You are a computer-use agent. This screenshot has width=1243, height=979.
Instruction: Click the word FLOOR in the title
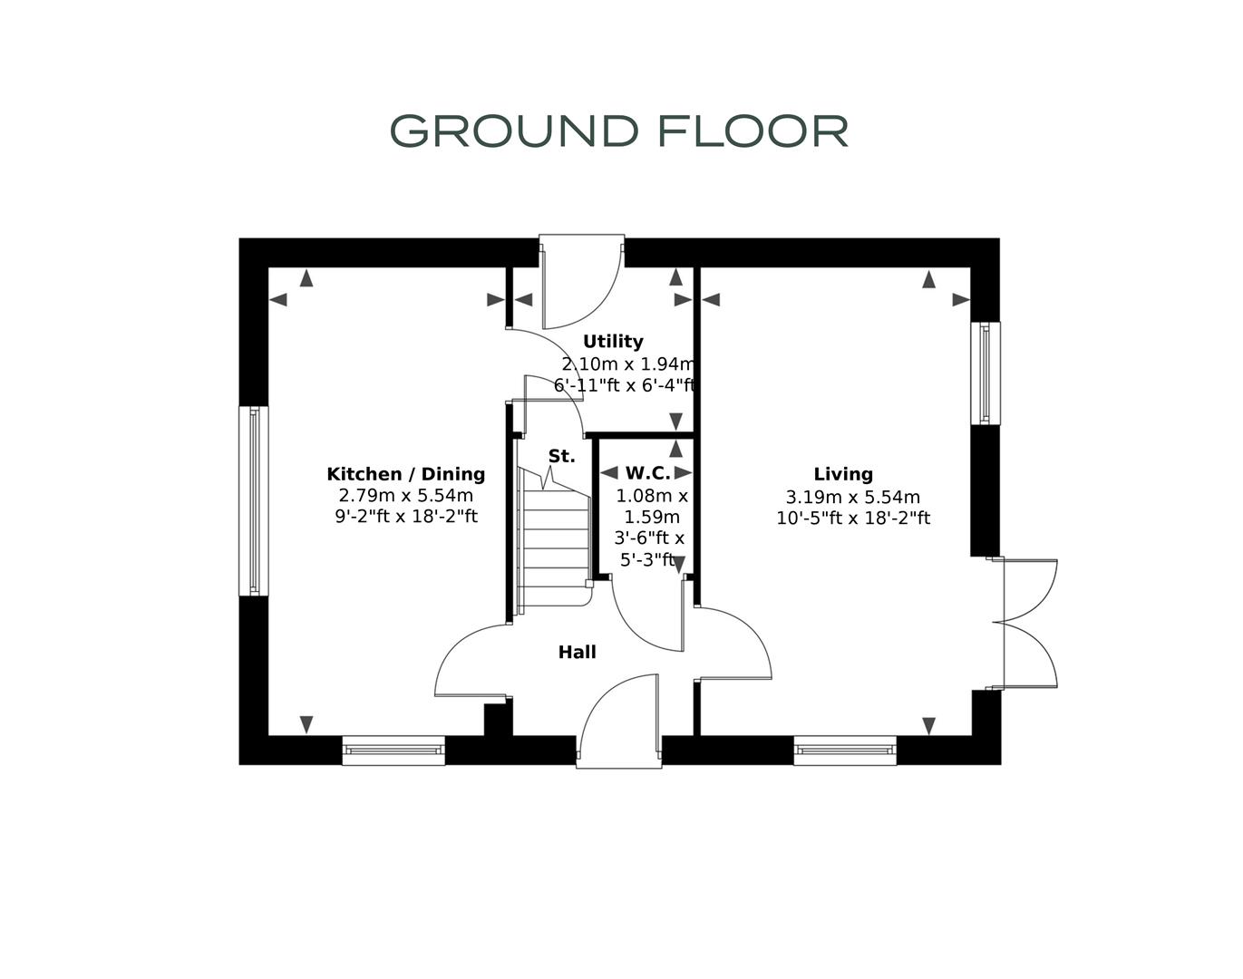[x=753, y=131]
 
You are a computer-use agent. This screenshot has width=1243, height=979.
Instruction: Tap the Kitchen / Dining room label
[x=405, y=474]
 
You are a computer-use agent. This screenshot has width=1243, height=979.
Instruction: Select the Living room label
[x=843, y=474]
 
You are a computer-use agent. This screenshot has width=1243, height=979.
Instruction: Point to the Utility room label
[x=613, y=342]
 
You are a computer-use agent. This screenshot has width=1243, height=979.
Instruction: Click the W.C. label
[x=647, y=473]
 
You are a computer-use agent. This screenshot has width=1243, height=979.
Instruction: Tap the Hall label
[x=577, y=652]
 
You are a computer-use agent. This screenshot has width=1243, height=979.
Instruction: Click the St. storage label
[x=561, y=456]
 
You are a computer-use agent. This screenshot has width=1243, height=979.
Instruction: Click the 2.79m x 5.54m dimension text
[x=405, y=496]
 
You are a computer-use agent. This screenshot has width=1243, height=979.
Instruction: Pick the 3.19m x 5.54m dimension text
[x=852, y=497]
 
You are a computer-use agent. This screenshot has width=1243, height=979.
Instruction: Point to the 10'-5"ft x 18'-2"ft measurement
[x=852, y=519]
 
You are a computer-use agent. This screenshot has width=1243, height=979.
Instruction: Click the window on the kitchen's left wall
[x=254, y=500]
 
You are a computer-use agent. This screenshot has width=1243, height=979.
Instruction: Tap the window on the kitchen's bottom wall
[x=393, y=751]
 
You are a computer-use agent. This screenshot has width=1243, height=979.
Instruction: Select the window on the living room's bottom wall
[x=845, y=751]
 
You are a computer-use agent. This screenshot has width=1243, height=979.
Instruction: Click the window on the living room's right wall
[x=986, y=373]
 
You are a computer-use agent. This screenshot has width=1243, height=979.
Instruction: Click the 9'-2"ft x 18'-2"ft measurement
[x=405, y=518]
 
